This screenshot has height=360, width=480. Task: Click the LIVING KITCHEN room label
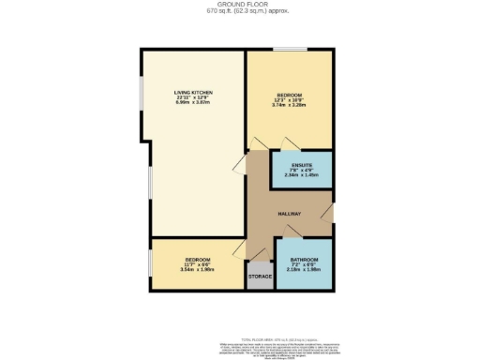pos(194,92)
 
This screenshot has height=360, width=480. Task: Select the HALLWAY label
pos(289,214)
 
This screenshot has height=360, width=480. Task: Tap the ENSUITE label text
pos(302,165)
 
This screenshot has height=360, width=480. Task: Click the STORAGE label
pos(260,277)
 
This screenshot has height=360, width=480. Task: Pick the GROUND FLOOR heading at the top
pos(239,5)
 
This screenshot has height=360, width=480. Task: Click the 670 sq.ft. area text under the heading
pos(239,12)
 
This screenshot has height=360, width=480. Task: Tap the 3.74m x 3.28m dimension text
pos(289,105)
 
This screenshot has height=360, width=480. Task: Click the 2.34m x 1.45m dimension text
pos(302,174)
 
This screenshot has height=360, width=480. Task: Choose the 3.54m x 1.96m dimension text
pos(197,270)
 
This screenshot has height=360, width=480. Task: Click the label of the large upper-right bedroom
pos(289,93)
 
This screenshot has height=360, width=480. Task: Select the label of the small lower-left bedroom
pos(197,260)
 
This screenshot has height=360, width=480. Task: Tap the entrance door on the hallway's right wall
pos(328,215)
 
